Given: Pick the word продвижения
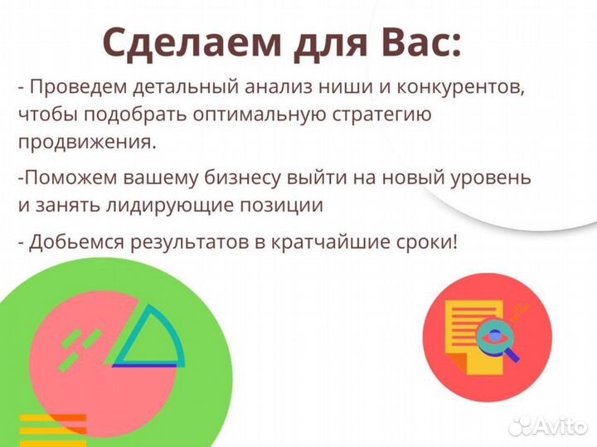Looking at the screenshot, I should [86, 142].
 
